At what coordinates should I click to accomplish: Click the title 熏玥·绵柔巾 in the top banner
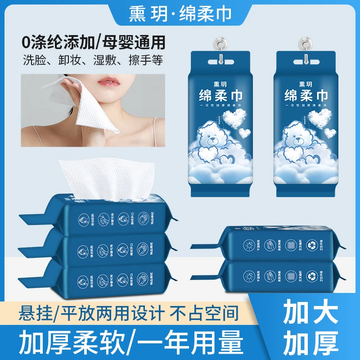click(x=180, y=14)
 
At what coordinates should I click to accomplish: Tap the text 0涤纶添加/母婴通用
click(x=94, y=42)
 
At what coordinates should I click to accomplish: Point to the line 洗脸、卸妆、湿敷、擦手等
click(x=94, y=59)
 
